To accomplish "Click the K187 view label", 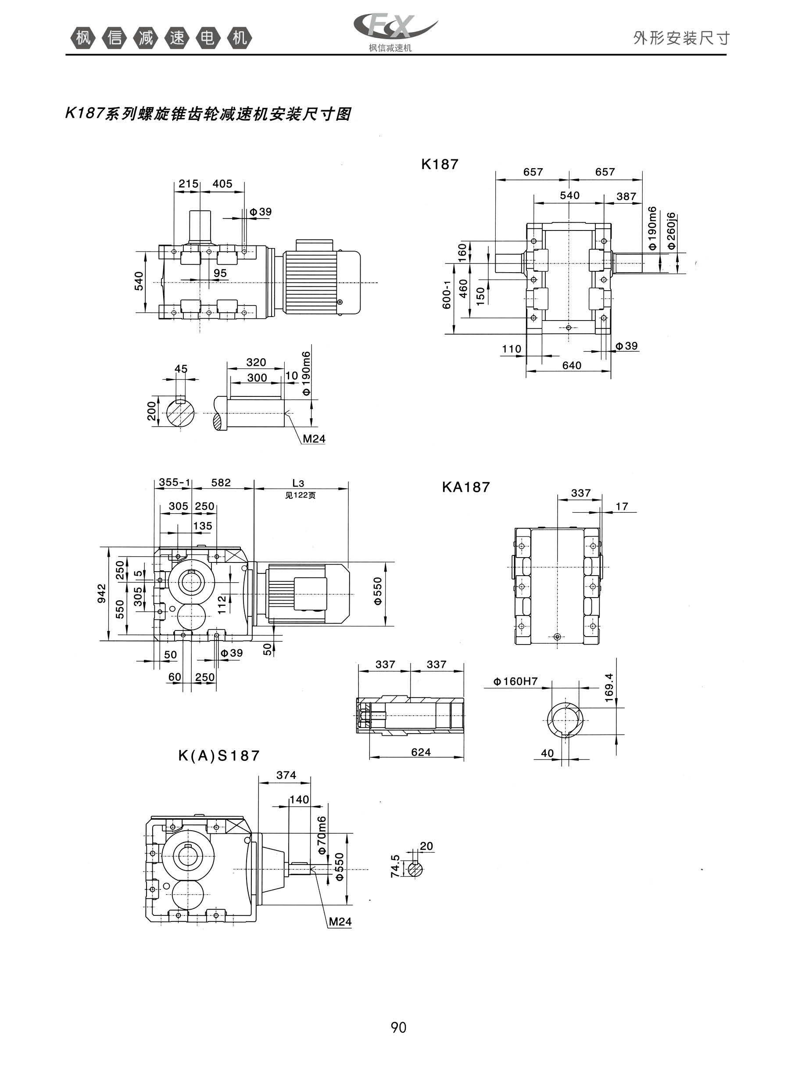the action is [440, 164].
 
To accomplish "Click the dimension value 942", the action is [101, 594].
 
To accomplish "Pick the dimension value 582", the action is [221, 483].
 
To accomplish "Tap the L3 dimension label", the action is [298, 483].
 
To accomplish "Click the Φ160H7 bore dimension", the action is [515, 681].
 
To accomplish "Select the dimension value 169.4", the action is [608, 687].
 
